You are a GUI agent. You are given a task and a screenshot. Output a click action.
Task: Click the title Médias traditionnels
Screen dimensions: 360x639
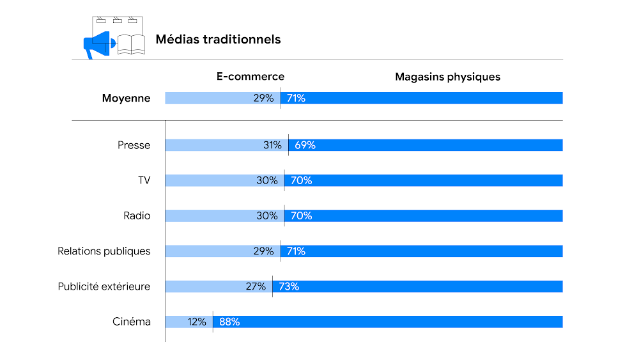point(218,40)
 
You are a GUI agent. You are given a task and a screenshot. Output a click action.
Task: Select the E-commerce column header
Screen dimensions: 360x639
point(250,77)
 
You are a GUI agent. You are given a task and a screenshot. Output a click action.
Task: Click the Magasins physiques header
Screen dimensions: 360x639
point(447,77)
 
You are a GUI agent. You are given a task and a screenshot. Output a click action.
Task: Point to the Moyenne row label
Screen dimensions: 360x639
point(127,98)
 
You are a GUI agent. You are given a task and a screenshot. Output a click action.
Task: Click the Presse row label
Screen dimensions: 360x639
point(134,145)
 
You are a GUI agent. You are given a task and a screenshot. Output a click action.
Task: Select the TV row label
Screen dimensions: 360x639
point(144,180)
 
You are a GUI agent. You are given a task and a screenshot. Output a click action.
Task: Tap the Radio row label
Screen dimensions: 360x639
point(137,215)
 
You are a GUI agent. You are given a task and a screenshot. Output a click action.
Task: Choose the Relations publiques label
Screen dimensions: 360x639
point(104,251)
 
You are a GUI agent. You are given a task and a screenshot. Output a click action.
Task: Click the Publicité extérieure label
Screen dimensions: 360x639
point(104,286)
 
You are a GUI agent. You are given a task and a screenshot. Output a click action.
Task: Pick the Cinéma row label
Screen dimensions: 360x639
point(132,322)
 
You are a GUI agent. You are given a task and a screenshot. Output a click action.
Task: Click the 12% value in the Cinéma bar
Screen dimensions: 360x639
point(197,322)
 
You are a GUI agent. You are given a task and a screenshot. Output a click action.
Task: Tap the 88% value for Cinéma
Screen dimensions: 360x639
point(229,322)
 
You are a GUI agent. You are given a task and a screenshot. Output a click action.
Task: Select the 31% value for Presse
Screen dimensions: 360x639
point(272,145)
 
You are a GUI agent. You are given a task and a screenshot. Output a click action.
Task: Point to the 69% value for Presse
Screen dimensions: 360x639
point(305,145)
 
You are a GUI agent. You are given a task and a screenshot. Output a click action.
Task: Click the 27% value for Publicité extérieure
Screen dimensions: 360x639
point(256,286)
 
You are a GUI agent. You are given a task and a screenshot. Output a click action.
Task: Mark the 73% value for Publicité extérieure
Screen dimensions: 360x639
point(289,286)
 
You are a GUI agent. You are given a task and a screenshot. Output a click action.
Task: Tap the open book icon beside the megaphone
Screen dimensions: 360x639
point(132,45)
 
